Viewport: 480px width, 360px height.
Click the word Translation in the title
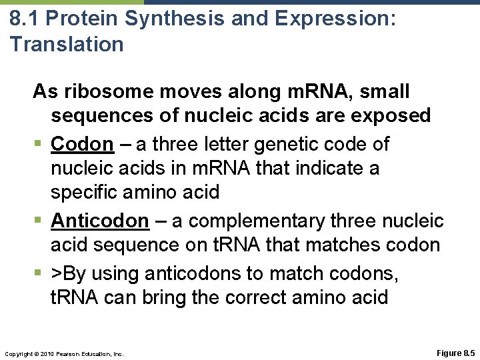(67, 44)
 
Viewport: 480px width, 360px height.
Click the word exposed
(392, 116)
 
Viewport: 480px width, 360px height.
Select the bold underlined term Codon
(82, 143)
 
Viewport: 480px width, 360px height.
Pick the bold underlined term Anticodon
(100, 220)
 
